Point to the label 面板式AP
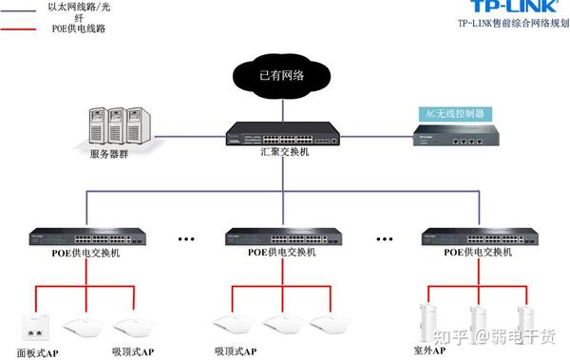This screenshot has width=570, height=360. coord(37,353)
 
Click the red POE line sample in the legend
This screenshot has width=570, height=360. coord(19,29)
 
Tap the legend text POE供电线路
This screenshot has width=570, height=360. coord(79,29)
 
